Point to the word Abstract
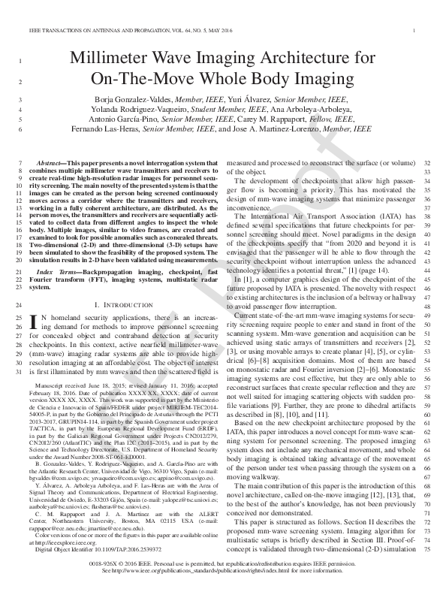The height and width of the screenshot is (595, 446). [x=51, y=163]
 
